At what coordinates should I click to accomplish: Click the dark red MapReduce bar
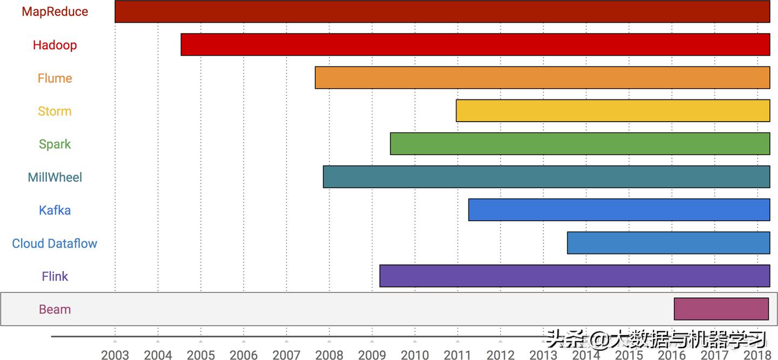[x=442, y=11]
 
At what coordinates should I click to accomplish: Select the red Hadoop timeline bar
[x=475, y=44]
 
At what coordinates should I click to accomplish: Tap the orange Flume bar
[x=542, y=77]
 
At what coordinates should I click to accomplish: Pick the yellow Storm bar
[x=613, y=111]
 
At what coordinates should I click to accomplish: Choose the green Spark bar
[x=580, y=144]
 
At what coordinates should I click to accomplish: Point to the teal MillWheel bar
[x=546, y=177]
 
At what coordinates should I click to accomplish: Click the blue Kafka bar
[x=619, y=210]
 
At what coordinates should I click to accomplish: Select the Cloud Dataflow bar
[x=668, y=243]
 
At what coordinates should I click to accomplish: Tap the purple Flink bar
[x=574, y=276]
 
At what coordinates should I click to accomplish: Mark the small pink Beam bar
[x=721, y=309]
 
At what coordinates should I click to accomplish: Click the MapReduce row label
[x=55, y=11]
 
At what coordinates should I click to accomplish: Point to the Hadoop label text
[x=55, y=45]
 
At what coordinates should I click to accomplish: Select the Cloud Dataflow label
[x=55, y=243]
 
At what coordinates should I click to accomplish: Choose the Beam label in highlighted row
[x=55, y=309]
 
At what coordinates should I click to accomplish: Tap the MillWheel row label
[x=55, y=177]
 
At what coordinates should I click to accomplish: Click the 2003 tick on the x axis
[x=115, y=355]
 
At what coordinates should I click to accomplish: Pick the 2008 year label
[x=329, y=355]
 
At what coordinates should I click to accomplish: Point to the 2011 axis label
[x=457, y=355]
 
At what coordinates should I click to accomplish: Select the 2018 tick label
[x=756, y=355]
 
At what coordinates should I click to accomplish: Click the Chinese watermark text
[x=656, y=339]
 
